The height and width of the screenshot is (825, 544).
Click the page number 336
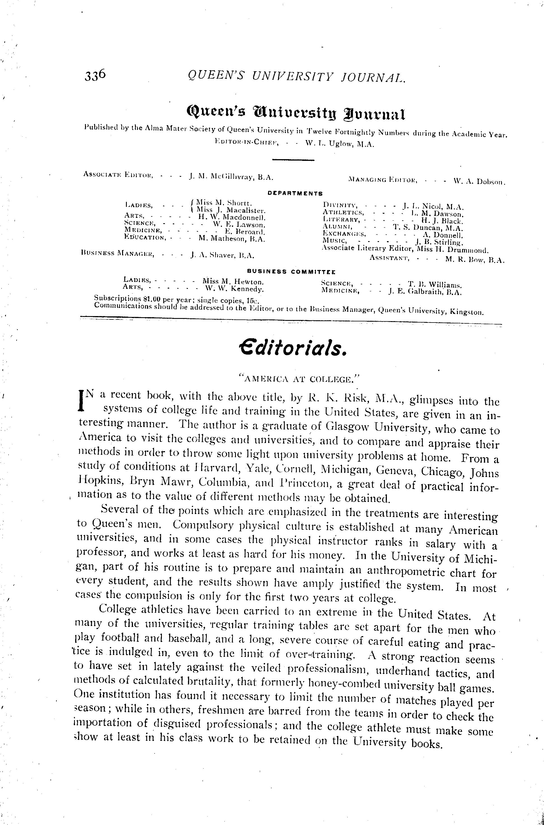coord(94,75)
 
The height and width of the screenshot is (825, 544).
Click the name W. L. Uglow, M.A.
coord(339,144)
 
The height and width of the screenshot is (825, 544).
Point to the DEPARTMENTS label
coord(295,193)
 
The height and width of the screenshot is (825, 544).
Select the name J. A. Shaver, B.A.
coord(222,256)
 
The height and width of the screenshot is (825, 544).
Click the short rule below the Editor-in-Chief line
coord(293,160)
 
